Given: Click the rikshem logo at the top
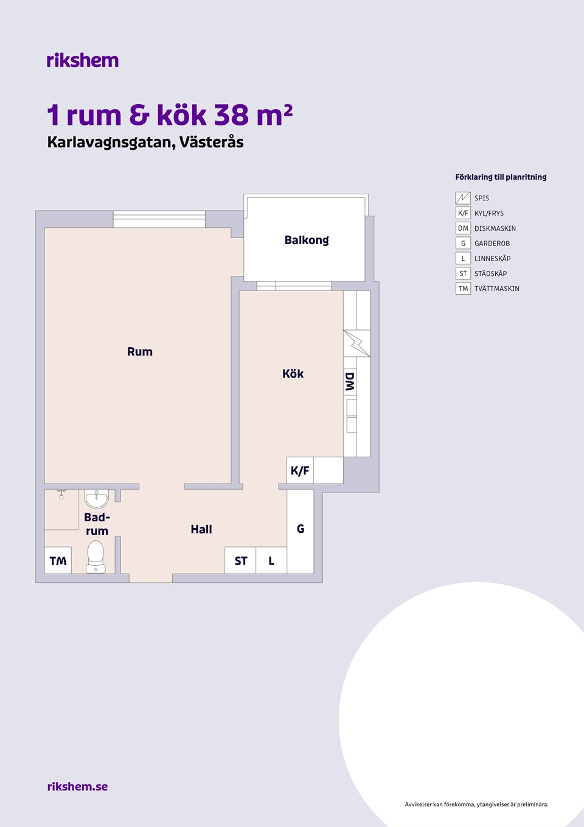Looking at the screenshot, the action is pos(83,60).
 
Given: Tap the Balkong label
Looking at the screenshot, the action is pos(307,241).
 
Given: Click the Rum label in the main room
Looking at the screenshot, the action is pos(140,351).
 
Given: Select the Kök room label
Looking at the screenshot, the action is pos(293,374).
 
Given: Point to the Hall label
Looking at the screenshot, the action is pos(201,529).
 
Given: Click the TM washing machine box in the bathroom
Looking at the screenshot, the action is pos(58,560).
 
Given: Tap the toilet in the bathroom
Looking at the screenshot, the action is pos(96,557).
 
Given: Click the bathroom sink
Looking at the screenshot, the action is pos(96,499).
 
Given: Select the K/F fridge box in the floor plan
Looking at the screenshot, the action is pos(300,470).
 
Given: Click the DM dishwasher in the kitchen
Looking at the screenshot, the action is pos(350,382).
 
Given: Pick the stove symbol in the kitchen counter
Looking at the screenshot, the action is pos(356,343).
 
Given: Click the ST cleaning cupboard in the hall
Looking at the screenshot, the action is pos(240,560).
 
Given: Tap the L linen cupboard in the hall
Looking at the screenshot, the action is pos(271,560).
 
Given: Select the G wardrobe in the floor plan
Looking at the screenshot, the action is pos(301,531).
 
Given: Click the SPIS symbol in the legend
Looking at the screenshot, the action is pos(463,198).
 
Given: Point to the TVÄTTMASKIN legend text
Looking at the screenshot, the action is pos(496,289).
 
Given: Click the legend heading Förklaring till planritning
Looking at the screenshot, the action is pos(501,177).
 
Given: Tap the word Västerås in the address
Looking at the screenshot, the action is pos(211,142).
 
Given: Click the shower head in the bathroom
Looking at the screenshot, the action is pos(61,494).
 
